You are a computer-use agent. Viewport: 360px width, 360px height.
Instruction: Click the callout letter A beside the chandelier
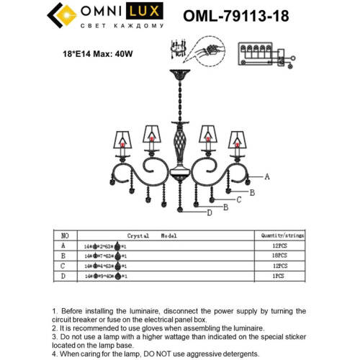(266, 176)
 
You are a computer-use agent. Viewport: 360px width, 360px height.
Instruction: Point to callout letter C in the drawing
(238, 199)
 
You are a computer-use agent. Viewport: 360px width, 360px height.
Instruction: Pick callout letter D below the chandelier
(210, 213)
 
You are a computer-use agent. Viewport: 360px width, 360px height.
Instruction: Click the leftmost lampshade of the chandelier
(121, 138)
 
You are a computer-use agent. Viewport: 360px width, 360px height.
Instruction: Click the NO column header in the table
(65, 235)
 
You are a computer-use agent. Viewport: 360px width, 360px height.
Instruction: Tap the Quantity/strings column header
(280, 235)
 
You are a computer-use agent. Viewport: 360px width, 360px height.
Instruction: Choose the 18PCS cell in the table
(280, 256)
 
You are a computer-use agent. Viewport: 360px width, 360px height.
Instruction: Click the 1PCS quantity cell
(280, 276)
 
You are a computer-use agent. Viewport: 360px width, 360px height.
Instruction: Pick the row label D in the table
(65, 276)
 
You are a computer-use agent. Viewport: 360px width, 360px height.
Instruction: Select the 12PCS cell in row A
(280, 246)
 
